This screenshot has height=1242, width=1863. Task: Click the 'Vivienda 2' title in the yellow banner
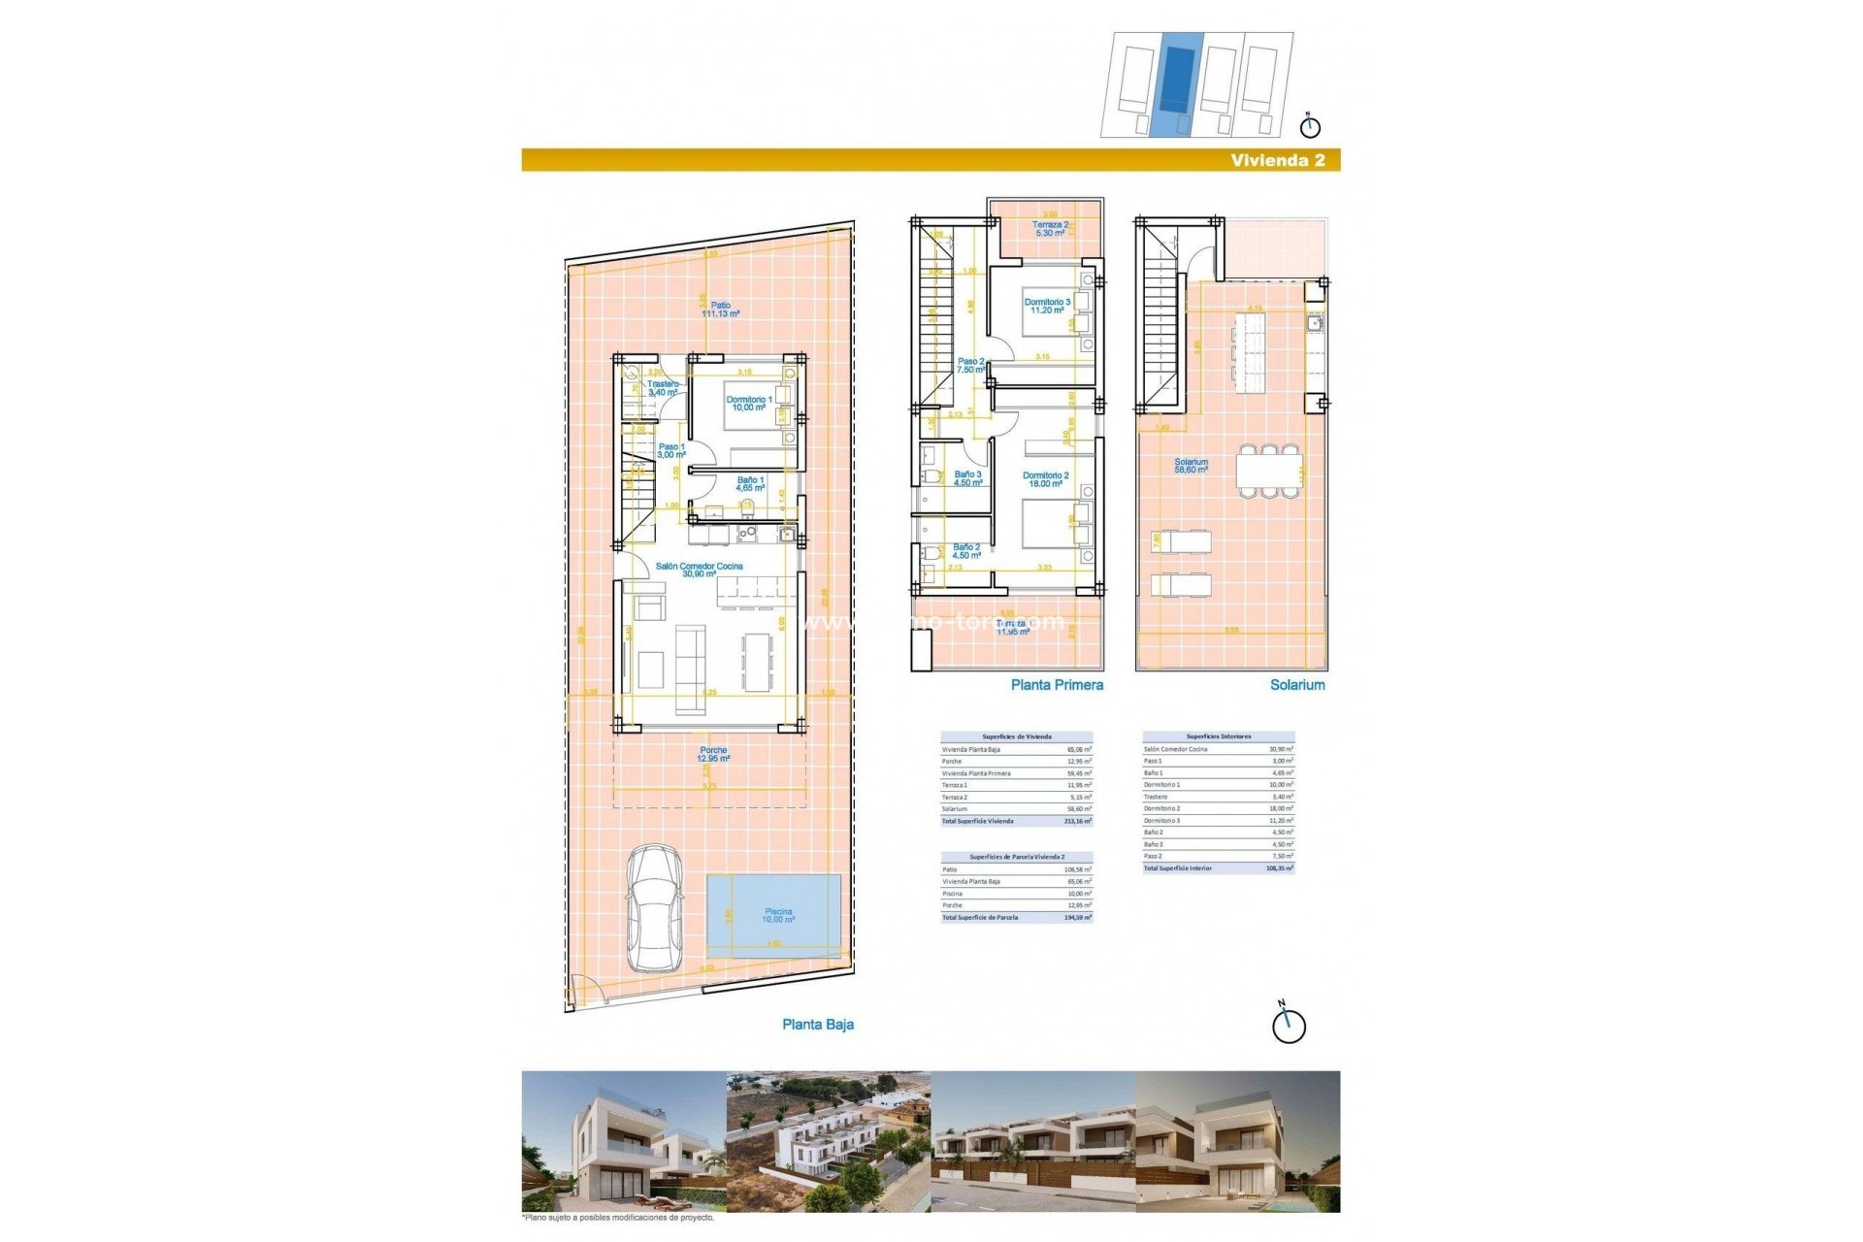click(1277, 161)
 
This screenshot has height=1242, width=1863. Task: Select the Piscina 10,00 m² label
click(778, 915)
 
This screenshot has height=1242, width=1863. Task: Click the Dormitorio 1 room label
click(749, 404)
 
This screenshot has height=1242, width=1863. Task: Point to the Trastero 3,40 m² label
click(664, 388)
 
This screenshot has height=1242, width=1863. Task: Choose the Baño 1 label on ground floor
click(750, 484)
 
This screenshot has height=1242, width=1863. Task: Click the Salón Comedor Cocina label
click(699, 570)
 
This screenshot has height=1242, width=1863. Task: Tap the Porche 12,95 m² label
click(713, 754)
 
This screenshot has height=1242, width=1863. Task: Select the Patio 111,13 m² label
click(720, 310)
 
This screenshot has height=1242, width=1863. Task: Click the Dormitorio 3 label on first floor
click(1047, 306)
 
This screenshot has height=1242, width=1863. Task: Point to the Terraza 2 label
click(1050, 229)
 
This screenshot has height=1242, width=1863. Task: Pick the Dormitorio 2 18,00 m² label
click(1045, 479)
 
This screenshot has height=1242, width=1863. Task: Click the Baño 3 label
click(967, 478)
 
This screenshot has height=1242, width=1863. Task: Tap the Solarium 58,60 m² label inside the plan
click(1191, 466)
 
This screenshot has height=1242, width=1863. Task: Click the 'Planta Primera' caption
click(1057, 685)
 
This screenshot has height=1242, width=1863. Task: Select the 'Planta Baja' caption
click(818, 1025)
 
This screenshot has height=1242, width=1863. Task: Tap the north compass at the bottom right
click(1289, 1025)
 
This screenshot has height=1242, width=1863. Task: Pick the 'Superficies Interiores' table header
click(1218, 736)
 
